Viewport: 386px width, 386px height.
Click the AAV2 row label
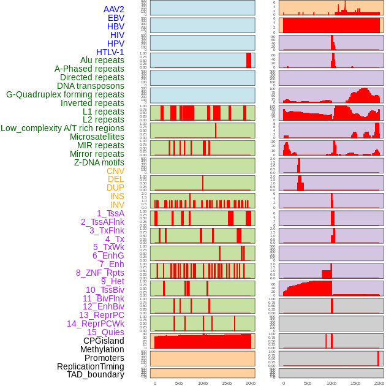pyautogui.click(x=113, y=9)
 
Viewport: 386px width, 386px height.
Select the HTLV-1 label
pyautogui.click(x=110, y=52)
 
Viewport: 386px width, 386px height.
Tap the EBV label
pyautogui.click(x=115, y=18)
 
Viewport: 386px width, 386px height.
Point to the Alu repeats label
pyautogui.click(x=102, y=60)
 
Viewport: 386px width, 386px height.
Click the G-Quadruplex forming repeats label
pyautogui.click(x=65, y=94)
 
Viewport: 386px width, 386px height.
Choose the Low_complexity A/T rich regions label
pyautogui.click(x=62, y=128)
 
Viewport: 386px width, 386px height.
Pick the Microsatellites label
pyautogui.click(x=97, y=137)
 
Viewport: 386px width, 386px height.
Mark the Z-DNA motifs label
pyautogui.click(x=99, y=162)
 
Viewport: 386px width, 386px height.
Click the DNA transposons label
pyautogui.click(x=91, y=86)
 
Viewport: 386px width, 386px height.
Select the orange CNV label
pyautogui.click(x=115, y=171)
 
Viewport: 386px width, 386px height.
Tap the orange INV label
pyautogui.click(x=117, y=205)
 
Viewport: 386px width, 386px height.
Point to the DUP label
pyautogui.click(x=115, y=187)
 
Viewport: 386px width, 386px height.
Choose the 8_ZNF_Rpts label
pyautogui.click(x=100, y=273)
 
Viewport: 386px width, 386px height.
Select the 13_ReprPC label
pyautogui.click(x=101, y=315)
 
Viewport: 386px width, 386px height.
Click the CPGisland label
pyautogui.click(x=104, y=341)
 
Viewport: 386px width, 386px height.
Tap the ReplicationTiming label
pyautogui.click(x=90, y=366)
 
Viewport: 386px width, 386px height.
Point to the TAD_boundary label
pyautogui.click(x=95, y=374)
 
